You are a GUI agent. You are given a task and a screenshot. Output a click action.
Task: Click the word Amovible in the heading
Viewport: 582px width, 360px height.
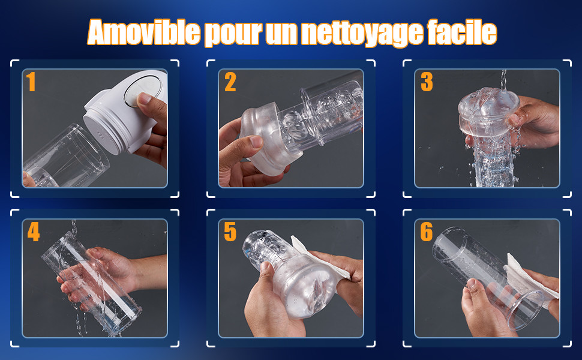(x=144, y=32)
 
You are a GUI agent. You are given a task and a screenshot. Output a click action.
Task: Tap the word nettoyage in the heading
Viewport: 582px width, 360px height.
(x=362, y=33)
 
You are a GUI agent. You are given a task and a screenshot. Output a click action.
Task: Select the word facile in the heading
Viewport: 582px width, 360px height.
(x=462, y=32)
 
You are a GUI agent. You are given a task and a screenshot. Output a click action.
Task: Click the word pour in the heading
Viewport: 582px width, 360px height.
(x=233, y=34)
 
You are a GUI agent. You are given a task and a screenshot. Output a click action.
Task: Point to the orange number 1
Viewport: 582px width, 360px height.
(x=31, y=82)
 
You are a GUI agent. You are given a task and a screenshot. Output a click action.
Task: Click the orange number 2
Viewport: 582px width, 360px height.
(x=230, y=82)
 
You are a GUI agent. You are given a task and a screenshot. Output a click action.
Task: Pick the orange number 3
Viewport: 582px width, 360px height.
(x=427, y=82)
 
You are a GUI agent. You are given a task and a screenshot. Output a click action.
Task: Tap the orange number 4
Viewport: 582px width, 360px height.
(x=34, y=232)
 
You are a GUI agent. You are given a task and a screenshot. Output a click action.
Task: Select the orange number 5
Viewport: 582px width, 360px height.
(x=230, y=232)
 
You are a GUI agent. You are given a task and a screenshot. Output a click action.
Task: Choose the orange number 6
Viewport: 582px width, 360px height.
(x=427, y=232)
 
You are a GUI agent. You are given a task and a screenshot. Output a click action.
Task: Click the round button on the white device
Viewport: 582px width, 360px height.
(x=143, y=91)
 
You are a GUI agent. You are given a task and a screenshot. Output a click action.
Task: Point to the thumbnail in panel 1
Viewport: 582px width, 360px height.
(x=144, y=98)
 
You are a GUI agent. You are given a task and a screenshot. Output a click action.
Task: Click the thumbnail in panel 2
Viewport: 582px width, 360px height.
(x=257, y=142)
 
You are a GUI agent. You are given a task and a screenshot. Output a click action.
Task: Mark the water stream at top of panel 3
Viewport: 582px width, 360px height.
(x=503, y=80)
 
